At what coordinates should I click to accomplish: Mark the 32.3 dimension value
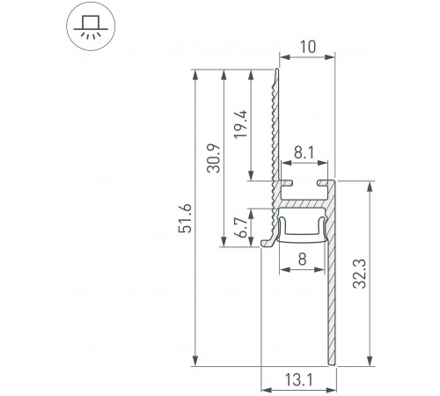382,275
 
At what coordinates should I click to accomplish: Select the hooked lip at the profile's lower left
267,238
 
